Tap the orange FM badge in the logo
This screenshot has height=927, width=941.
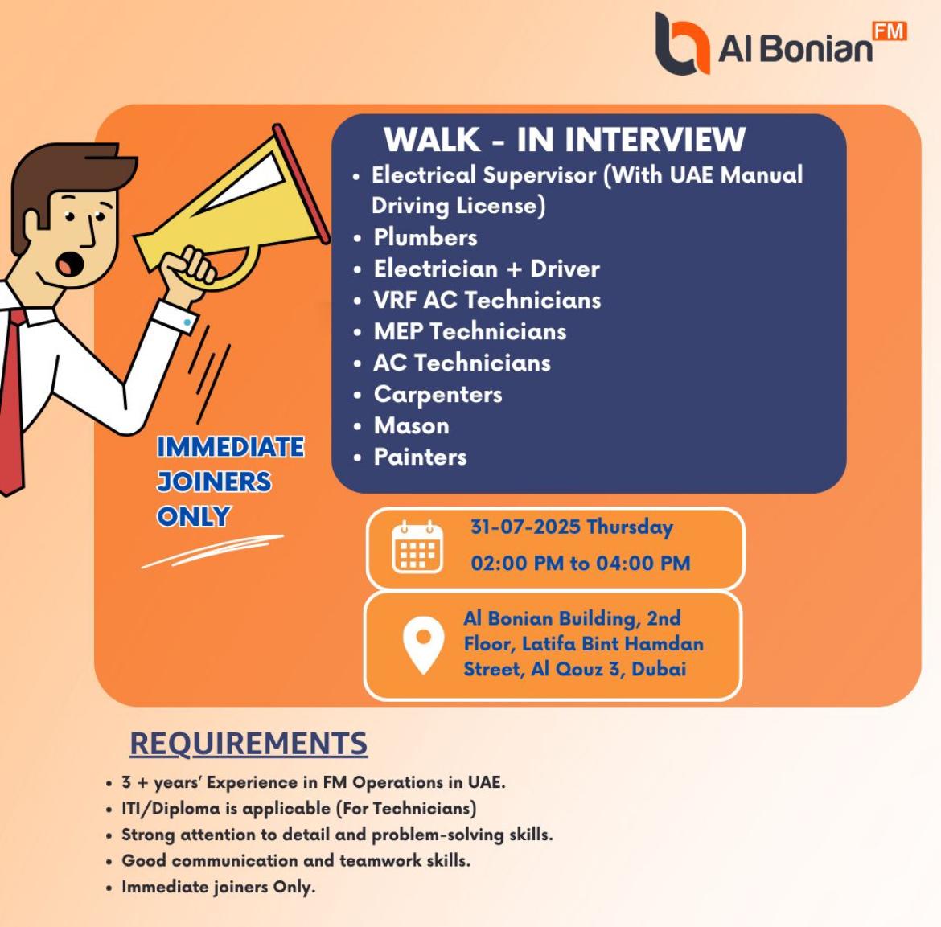[890, 31]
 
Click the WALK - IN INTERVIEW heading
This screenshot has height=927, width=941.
[565, 140]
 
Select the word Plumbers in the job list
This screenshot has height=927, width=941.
[425, 237]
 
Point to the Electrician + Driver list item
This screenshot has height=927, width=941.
[487, 269]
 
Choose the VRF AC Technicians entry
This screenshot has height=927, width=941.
[487, 300]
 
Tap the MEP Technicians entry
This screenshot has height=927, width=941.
[470, 331]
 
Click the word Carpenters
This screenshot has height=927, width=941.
[438, 395]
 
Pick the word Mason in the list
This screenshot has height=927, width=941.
[412, 425]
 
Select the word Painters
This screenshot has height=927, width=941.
[421, 457]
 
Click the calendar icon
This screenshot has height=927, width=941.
[417, 547]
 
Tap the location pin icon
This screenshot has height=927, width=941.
[423, 645]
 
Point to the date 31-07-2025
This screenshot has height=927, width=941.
[525, 527]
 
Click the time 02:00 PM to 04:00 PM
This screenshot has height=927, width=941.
[581, 563]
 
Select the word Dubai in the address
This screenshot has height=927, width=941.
[659, 669]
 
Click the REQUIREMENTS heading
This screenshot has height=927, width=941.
[249, 744]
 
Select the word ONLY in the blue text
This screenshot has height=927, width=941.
[194, 516]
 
